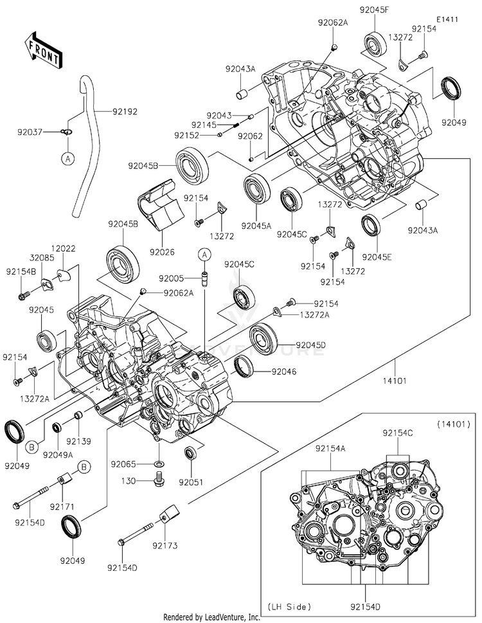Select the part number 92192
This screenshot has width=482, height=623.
coord(125,111)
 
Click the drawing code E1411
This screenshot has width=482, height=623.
coord(449,19)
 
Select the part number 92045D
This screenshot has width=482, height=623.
coord(310,345)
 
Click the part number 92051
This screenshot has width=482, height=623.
coord(190,481)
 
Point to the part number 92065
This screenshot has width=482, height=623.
coord(123,464)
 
